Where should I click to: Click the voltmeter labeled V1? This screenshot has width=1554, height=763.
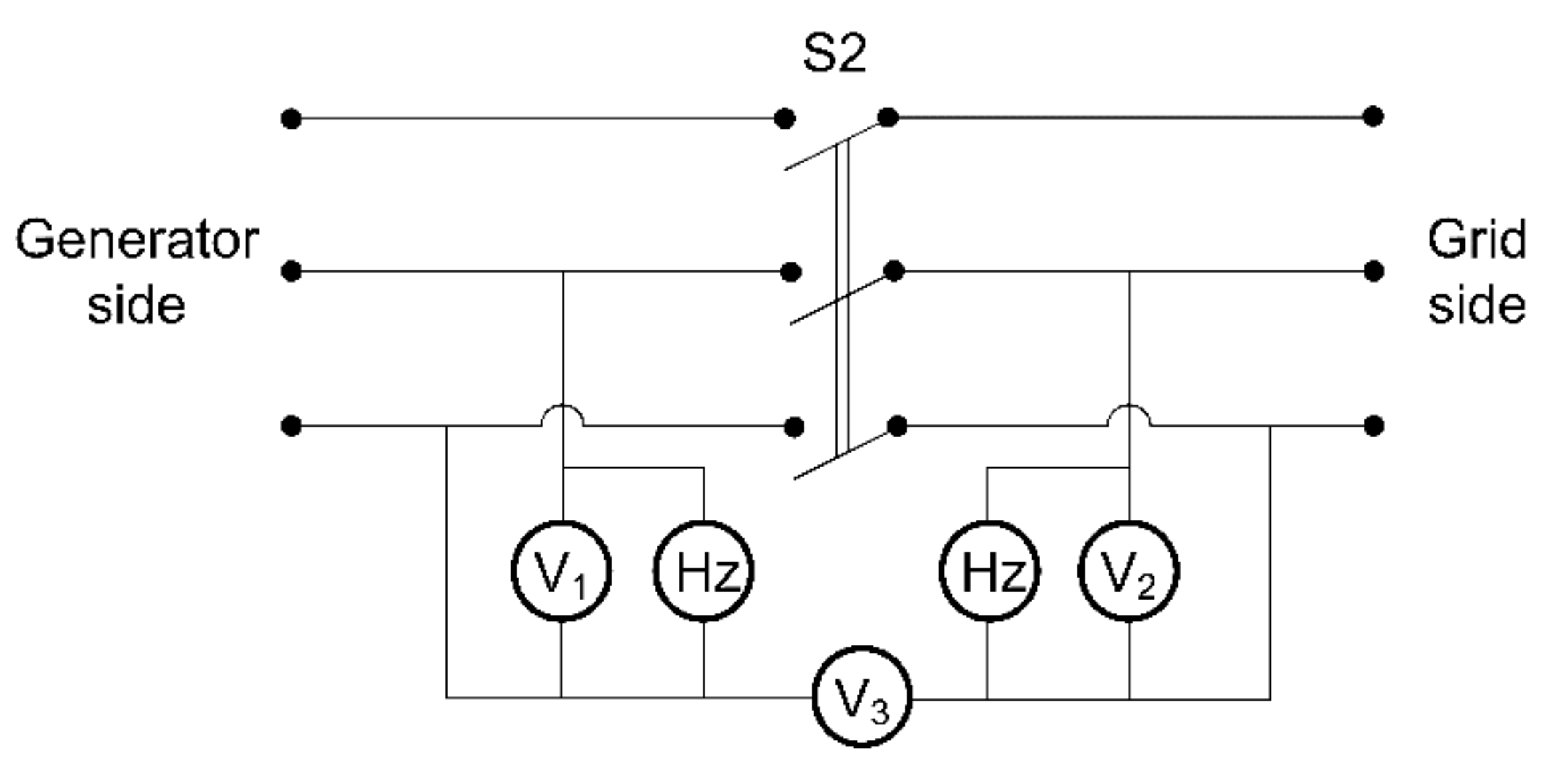point(561,571)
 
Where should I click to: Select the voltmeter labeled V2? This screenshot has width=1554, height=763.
point(1128,571)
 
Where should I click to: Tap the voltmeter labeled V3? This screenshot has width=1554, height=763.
point(862,697)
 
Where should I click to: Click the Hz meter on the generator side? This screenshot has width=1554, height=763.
point(703,571)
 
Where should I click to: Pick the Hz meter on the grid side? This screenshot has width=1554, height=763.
point(989,571)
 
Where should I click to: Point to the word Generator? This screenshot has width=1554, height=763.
point(137,241)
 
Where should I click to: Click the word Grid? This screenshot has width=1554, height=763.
point(1476,241)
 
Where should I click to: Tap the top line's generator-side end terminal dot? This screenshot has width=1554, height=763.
point(291,118)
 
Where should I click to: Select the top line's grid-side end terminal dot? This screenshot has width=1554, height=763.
point(1372,116)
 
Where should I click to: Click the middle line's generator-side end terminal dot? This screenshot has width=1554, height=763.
point(291,272)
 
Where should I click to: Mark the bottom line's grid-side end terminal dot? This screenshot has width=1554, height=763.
point(1373,426)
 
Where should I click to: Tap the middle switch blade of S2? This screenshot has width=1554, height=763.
point(841,298)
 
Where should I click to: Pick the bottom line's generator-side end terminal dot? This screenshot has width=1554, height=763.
point(291,426)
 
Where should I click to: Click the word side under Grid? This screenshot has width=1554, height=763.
point(1476,305)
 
